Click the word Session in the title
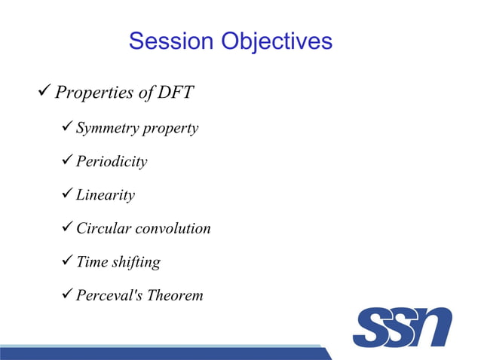coord(171,41)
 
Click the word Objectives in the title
coord(276,41)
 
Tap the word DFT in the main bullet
coord(174,93)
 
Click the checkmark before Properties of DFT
coord(44,93)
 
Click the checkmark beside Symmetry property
coord(66,128)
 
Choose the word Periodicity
coord(112,162)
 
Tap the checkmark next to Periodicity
coord(66,161)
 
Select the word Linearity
coord(106,195)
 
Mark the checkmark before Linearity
coord(66,194)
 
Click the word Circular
coord(102,228)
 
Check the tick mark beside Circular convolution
coord(66,227)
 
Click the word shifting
coord(136,262)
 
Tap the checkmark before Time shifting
coord(66,261)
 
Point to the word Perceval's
coord(109,295)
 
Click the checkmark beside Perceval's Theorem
coord(66,294)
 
